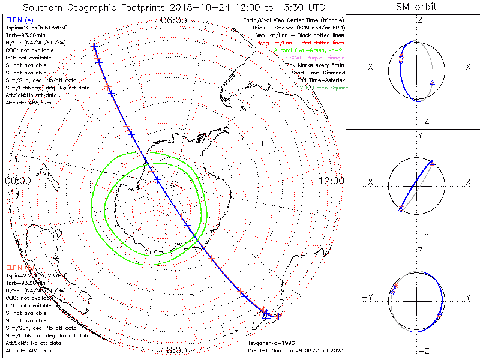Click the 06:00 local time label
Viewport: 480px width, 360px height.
174,20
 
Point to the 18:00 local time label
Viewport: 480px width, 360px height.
174,350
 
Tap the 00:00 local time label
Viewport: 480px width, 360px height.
17,181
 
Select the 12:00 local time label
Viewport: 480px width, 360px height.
331,181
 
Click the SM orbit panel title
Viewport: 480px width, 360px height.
416,7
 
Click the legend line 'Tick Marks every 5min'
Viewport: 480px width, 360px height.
316,65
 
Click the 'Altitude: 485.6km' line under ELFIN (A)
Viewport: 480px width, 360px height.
28,103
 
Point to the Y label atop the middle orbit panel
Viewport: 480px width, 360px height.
419,136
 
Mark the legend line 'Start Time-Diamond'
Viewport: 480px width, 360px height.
318,73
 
